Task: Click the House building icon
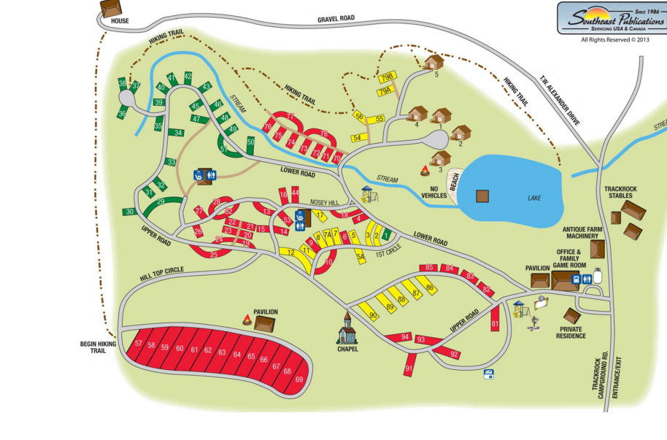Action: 111,8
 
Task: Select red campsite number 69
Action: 299,379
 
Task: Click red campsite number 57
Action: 139,344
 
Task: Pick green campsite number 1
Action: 386,236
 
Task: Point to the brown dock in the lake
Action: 482,196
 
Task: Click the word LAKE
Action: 535,197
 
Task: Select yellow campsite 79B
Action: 388,77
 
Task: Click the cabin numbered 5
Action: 433,62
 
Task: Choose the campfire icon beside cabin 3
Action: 424,171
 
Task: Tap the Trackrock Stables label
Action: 620,193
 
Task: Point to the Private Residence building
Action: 572,315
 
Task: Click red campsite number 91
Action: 409,368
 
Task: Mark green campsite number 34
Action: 177,134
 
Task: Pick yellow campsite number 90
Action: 374,315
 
